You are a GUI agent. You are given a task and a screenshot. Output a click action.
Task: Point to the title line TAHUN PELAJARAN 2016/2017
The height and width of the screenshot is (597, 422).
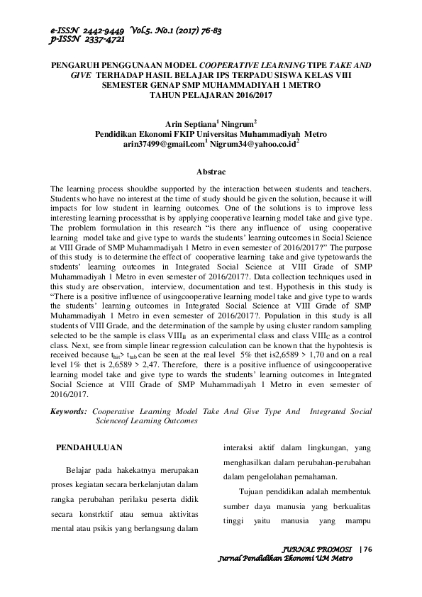pos(211,94)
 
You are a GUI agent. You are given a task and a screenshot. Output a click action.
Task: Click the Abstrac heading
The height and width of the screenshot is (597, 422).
pos(211,172)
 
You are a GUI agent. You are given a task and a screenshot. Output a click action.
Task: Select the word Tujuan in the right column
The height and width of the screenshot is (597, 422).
pos(254,491)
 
